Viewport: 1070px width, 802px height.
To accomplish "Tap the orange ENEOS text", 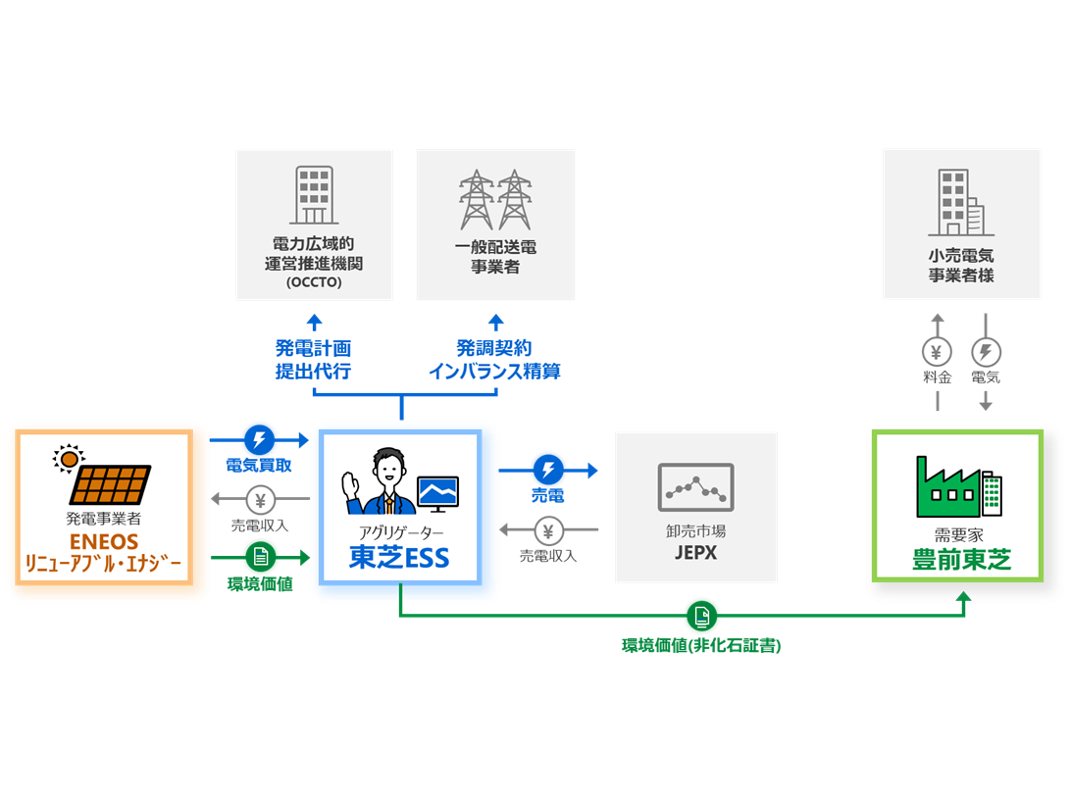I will click(103, 542).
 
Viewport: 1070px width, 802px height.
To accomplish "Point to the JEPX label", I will click(695, 553).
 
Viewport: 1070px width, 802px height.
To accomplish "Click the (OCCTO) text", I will click(314, 283).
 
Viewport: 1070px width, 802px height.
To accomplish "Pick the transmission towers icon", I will click(495, 200).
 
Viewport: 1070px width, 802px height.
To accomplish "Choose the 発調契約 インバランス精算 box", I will click(494, 360).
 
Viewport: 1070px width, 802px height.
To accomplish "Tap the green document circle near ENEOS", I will click(260, 557).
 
